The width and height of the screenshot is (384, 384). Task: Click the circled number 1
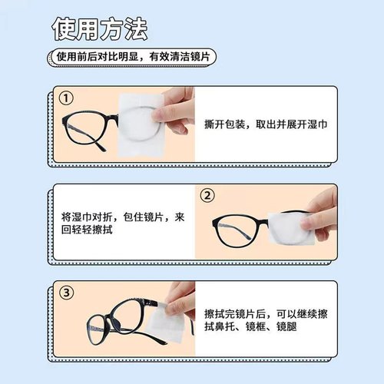[68, 98]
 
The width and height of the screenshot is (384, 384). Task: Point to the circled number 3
[68, 293]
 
